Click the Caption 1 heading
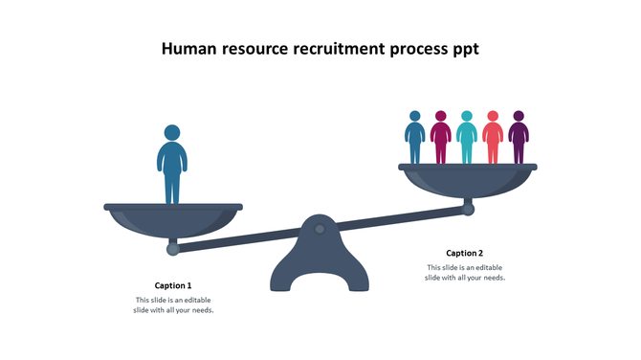173,285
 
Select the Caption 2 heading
465,253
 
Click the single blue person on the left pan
172,168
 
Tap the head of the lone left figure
172,132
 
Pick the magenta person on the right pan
440,140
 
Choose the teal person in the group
466,140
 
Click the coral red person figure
492,140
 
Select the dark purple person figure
518,140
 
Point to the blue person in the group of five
414,140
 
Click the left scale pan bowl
172,219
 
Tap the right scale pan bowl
467,180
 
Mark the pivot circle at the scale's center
320,229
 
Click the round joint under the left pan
173,249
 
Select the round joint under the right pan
469,209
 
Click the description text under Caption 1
173,305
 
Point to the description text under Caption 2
465,273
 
